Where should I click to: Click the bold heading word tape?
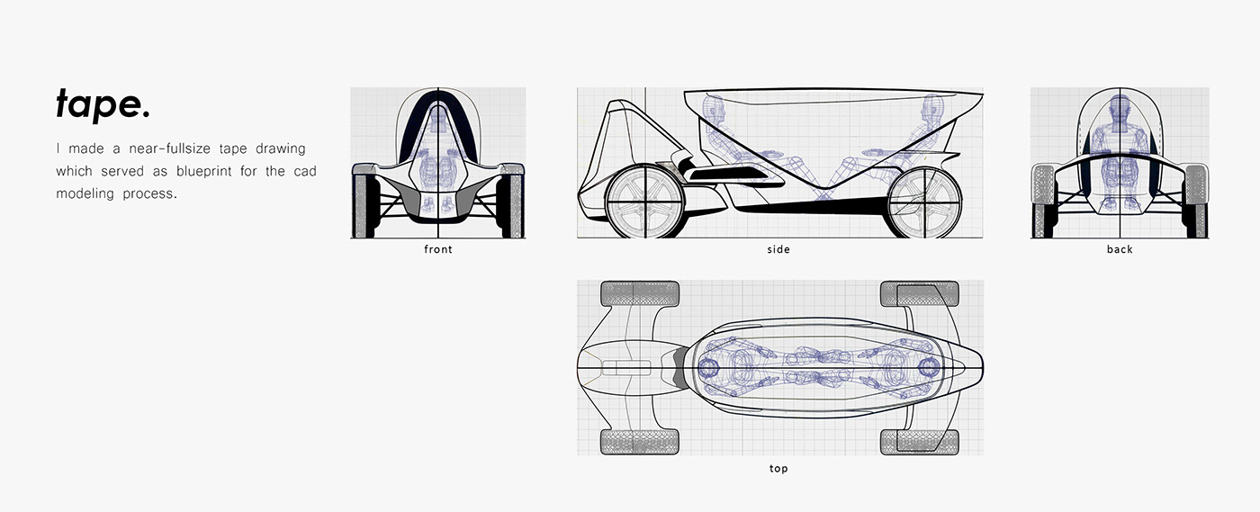tap(103, 105)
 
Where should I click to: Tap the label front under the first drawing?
tap(438, 249)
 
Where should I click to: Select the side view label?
tap(778, 249)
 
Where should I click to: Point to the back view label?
tap(1120, 249)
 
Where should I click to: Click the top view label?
tap(778, 469)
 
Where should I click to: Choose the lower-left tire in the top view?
tap(640, 441)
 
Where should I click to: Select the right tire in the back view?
tap(1196, 200)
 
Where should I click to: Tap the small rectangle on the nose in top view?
tap(625, 367)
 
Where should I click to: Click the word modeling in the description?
tap(85, 193)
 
